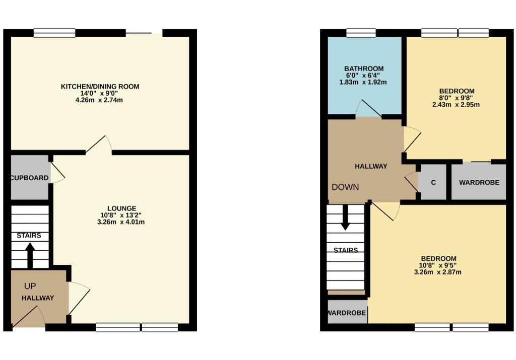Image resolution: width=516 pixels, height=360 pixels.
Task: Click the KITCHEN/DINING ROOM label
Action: click(x=100, y=87)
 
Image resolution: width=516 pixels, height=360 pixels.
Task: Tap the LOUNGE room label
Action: click(x=121, y=208)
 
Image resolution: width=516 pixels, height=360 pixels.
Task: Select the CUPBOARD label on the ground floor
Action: click(x=30, y=178)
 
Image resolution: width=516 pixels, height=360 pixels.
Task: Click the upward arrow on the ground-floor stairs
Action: click(x=30, y=254)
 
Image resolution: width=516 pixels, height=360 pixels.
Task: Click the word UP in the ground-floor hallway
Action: click(x=30, y=286)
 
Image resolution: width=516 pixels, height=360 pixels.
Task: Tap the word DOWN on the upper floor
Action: click(x=345, y=187)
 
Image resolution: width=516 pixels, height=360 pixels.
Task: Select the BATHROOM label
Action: click(x=364, y=68)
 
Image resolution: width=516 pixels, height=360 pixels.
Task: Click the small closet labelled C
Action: click(x=433, y=182)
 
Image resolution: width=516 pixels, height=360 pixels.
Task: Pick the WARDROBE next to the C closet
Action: click(x=479, y=182)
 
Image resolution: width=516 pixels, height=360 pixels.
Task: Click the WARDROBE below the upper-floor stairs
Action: click(x=347, y=313)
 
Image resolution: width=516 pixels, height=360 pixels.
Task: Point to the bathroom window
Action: click(x=361, y=33)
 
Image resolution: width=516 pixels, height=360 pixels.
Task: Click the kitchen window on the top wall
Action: click(x=54, y=33)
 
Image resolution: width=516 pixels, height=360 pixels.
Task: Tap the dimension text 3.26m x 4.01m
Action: click(x=121, y=222)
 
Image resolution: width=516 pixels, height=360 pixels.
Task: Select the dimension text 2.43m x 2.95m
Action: click(x=457, y=105)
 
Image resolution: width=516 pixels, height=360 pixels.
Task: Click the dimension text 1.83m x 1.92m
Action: click(x=364, y=82)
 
